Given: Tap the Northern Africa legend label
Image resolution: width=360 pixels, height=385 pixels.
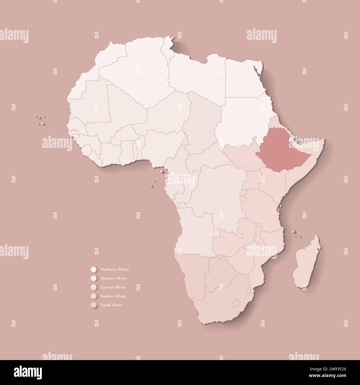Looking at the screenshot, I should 114,269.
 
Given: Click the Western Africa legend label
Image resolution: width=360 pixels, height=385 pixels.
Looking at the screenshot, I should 114,278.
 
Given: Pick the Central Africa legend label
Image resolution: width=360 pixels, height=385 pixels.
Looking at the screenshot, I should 113,287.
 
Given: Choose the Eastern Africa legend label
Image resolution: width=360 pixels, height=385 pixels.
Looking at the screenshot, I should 113,296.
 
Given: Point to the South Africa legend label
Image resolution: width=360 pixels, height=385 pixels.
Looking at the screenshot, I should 112,305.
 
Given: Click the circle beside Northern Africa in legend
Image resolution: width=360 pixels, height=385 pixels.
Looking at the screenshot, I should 93,269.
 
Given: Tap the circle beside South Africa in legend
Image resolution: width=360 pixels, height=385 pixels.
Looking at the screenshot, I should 93,305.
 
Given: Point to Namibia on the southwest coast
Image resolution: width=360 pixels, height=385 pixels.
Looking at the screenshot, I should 191,274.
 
